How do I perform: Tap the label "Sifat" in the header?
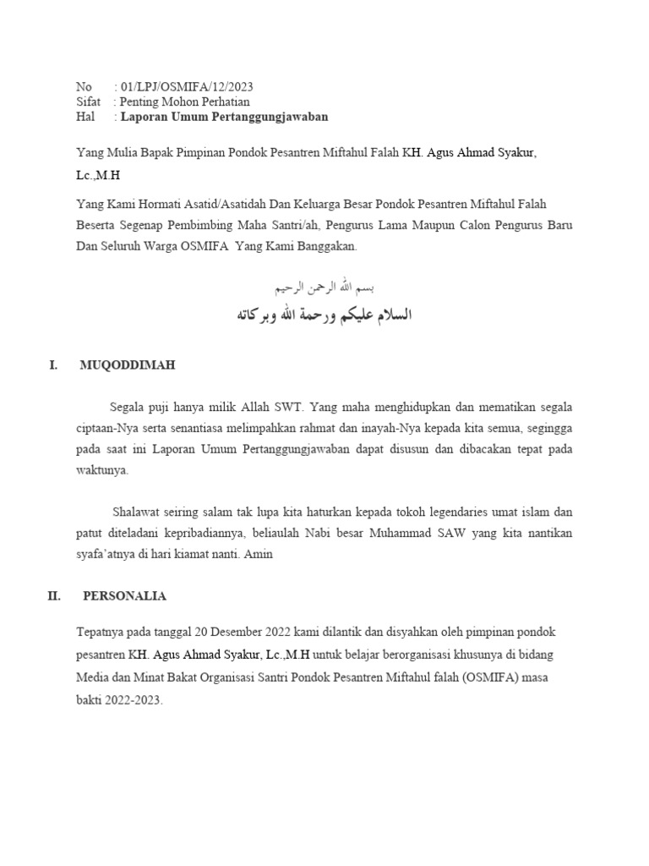pyautogui.click(x=88, y=101)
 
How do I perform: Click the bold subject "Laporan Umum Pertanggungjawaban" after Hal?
pyautogui.click(x=224, y=117)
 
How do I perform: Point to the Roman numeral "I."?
pyautogui.click(x=53, y=365)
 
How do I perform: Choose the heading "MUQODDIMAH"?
pyautogui.click(x=127, y=365)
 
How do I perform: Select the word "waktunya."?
pyautogui.click(x=101, y=470)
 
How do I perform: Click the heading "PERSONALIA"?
pyautogui.click(x=124, y=596)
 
